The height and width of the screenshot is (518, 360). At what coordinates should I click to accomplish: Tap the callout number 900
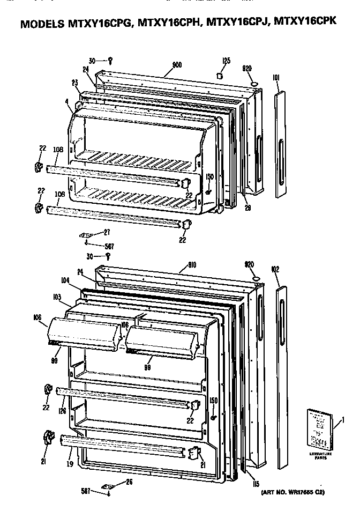tap(177, 65)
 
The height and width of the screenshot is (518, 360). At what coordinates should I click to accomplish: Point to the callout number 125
tap(227, 61)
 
